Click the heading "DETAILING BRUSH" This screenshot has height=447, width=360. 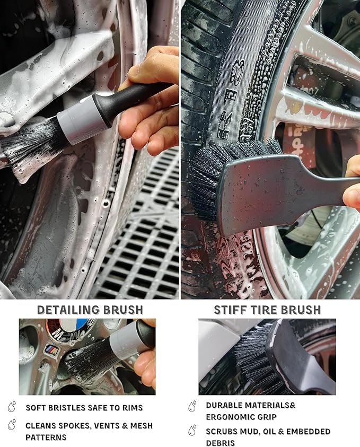(x=90, y=310)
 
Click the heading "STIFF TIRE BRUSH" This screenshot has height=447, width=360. (x=267, y=310)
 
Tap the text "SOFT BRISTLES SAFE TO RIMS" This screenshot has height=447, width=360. (x=84, y=408)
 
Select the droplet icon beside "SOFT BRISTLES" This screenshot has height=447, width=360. (x=12, y=407)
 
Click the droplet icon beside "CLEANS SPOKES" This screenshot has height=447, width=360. (x=12, y=425)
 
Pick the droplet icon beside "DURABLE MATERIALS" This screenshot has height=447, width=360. (x=192, y=406)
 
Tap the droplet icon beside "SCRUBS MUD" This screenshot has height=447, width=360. (x=192, y=431)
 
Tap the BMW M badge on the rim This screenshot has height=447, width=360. (x=51, y=349)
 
